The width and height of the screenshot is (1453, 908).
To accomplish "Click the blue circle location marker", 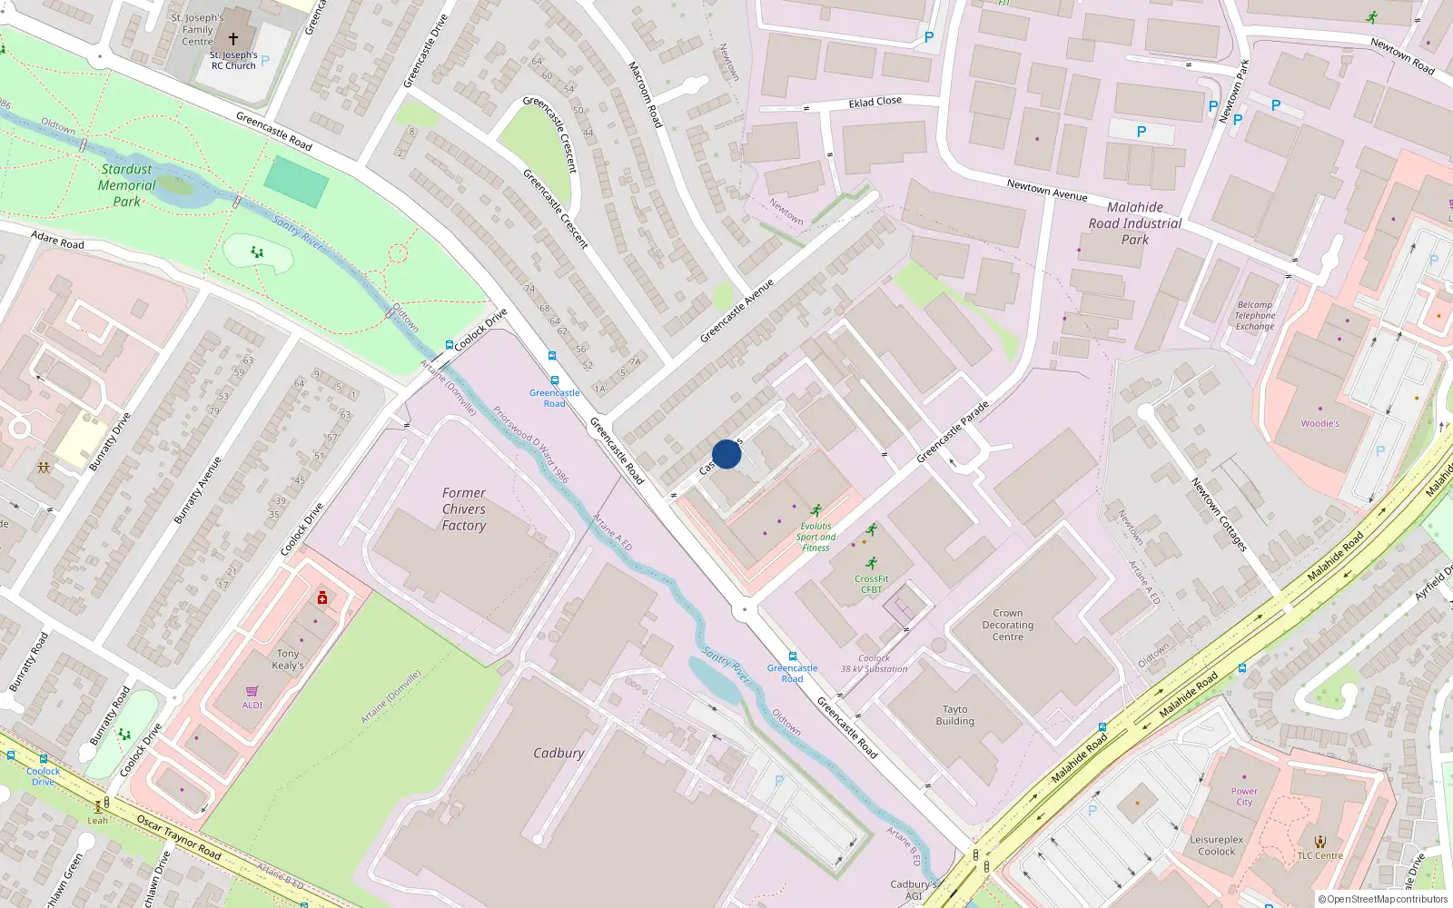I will coord(726,454).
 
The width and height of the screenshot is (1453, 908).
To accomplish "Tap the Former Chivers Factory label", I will coord(464,509).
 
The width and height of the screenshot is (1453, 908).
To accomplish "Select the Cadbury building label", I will coord(558,753).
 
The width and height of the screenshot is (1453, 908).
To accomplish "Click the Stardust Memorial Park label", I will coord(127,185).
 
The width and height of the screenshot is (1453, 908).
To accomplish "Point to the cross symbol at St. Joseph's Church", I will coord(233,39).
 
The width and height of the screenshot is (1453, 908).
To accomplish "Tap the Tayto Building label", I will coord(955,716).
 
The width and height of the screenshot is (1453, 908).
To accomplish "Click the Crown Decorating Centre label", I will coord(1007,625).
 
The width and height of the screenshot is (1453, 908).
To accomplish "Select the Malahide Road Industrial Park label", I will coord(1135,223).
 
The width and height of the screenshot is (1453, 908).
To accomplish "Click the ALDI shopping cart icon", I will coord(252,692).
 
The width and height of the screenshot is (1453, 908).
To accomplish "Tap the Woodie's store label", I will coord(1320,423).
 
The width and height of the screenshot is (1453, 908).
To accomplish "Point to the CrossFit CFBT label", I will coord(871,584).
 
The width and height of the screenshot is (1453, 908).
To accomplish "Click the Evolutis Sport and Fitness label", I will coord(815,537).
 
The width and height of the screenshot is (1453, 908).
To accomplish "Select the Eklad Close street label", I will coord(875,102).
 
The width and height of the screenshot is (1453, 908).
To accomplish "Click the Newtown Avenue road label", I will coord(1047,190).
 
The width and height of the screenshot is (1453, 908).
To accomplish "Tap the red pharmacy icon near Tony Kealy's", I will coord(322,597).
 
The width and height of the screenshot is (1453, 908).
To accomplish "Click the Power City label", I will coord(1244,796).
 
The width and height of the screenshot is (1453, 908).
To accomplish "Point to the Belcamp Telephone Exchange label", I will coord(1255,316).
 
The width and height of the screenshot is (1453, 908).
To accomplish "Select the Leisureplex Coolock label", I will coord(1217,845).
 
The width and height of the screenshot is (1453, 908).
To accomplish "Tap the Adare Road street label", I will coord(57,241).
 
